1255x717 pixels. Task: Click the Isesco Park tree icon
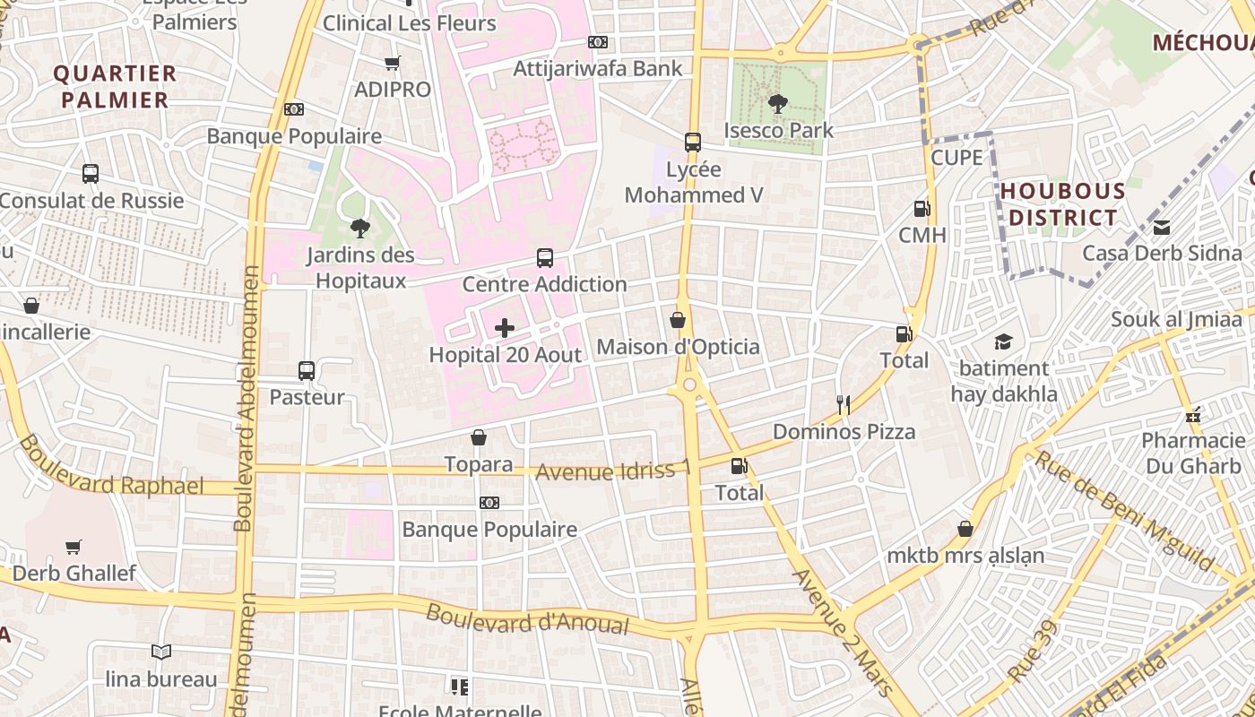778,104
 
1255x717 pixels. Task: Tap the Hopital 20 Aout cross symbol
505,329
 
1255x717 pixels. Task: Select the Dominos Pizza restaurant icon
843,405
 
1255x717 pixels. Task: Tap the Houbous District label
1062,204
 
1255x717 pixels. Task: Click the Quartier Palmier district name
115,86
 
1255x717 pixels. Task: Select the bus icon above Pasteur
306,371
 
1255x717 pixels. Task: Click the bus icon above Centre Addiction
544,258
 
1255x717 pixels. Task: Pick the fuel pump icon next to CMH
922,209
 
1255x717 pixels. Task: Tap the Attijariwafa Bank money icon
598,42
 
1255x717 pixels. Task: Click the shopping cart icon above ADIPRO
392,63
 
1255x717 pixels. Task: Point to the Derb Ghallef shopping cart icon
74,547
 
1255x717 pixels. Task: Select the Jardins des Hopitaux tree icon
359,229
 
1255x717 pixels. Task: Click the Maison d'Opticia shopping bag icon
678,320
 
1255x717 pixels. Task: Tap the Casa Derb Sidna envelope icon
1162,227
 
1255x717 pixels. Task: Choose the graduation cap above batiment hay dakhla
1003,341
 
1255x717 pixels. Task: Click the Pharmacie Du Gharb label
1192,453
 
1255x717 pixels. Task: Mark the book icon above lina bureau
161,652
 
